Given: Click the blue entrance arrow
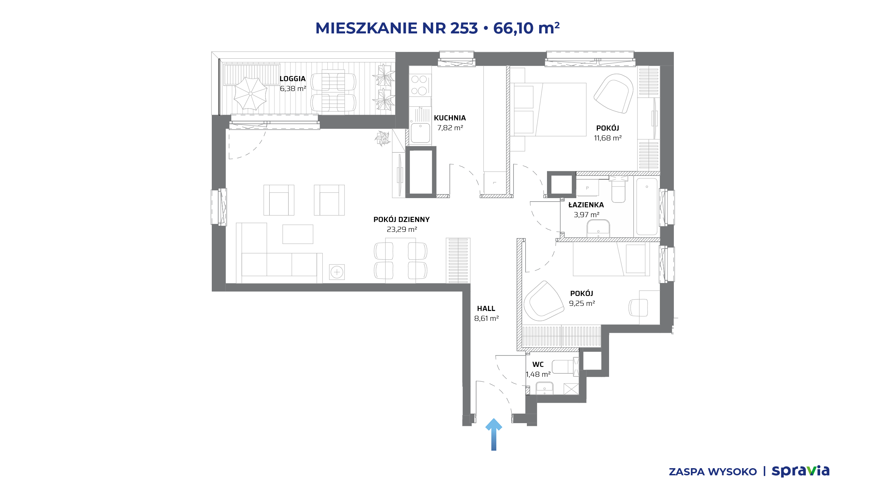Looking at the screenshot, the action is pos(493,434).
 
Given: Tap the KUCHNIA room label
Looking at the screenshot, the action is pos(450,118).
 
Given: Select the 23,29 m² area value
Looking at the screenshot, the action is pos(402,229).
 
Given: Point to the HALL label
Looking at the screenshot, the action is pos(486,309).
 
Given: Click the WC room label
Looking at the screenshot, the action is pos(538,364).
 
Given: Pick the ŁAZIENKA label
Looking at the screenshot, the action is pos(586,205).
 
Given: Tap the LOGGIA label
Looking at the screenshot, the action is pos(293,79).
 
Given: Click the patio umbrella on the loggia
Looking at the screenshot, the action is pos(250,93).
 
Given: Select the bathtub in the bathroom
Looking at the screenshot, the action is pos(647,207).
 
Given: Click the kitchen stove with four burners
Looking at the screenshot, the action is pos(420,85).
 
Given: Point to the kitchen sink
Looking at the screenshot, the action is pos(420,133).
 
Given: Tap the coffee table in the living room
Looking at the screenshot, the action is pos(298,234).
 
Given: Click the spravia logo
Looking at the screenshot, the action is pos(800,471).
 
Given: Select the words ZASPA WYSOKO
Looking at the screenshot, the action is pos(713,472).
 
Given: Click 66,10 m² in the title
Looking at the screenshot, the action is pos(526,28).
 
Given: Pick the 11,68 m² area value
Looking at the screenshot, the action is pos(608,138).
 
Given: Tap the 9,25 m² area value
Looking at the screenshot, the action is pos(582,303).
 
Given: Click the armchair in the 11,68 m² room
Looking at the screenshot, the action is pos(613,93).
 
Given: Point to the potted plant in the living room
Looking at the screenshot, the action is pos(382,138).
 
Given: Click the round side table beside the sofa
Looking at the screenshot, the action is pos(337,272).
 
